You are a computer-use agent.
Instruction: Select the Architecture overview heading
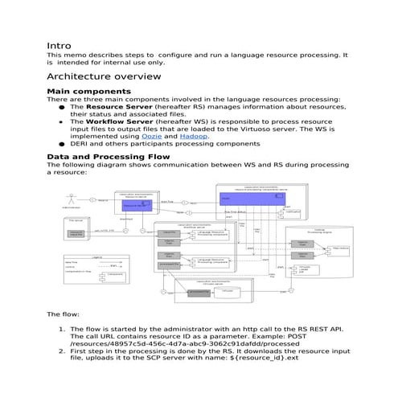[x=104, y=76]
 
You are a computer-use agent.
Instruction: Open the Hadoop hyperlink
[x=185, y=136]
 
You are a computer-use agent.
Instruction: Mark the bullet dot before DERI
[x=62, y=144]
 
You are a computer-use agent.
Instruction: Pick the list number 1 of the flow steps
[x=61, y=329]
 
